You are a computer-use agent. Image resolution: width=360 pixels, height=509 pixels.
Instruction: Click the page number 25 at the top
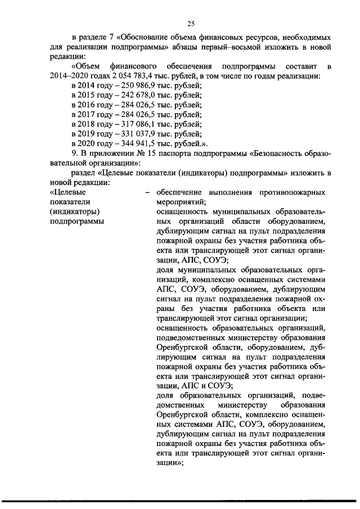(190, 23)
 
